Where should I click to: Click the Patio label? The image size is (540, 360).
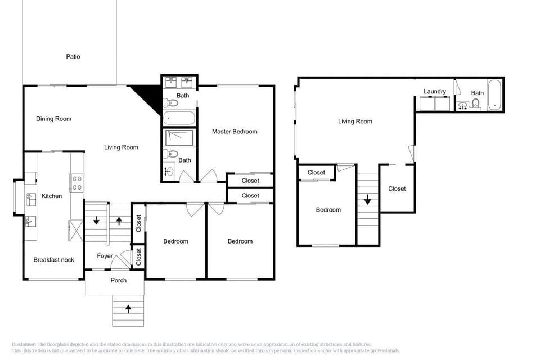[73, 56]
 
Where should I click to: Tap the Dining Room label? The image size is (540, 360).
[54, 119]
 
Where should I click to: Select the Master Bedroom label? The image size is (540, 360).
[235, 132]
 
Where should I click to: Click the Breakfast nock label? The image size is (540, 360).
[54, 260]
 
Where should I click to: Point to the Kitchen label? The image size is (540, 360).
[52, 196]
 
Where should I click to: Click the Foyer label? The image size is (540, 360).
[105, 256]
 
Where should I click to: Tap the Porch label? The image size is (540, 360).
[119, 281]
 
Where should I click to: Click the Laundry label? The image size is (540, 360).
[435, 91]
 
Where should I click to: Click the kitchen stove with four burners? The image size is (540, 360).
[77, 183]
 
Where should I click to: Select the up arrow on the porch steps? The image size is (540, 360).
[128, 309]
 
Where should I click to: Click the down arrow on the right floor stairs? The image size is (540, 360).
[367, 200]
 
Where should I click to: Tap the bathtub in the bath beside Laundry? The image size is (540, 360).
[495, 95]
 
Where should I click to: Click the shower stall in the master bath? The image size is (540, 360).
[179, 138]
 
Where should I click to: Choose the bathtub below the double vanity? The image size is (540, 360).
[179, 118]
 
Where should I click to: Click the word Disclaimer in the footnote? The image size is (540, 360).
[24, 344]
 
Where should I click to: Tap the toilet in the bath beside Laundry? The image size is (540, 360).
[476, 103]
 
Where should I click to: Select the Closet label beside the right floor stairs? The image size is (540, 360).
[397, 189]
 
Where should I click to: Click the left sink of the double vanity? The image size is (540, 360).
[171, 82]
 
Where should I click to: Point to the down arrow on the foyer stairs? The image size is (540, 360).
[96, 220]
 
